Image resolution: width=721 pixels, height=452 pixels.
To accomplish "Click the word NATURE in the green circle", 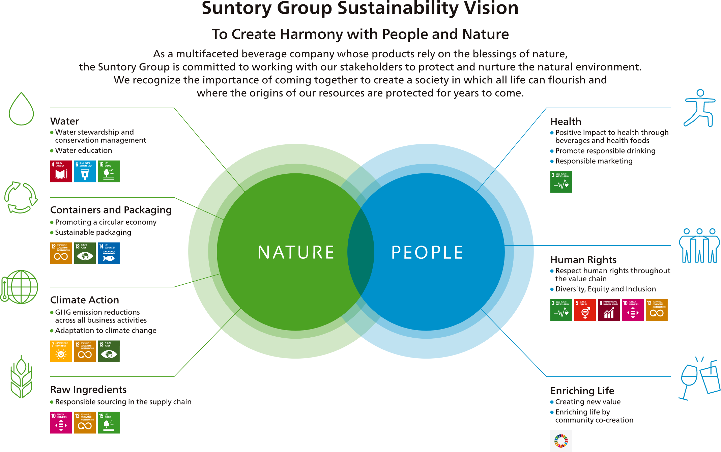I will [296, 252].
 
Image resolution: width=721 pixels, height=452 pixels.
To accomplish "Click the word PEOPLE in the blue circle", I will [427, 252].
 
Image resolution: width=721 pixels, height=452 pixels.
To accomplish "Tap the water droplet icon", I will [21, 109].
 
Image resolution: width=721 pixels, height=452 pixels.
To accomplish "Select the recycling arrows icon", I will [21, 198].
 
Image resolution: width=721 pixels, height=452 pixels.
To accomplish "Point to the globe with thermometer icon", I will [20, 287].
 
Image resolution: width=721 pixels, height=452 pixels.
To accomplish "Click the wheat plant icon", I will [21, 377].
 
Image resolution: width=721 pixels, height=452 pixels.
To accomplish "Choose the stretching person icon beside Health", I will [700, 108].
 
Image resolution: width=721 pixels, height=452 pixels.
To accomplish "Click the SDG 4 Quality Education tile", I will [61, 171].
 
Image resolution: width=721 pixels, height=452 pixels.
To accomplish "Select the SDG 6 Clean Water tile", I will [85, 171].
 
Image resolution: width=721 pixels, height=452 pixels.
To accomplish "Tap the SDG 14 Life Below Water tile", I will [109, 253].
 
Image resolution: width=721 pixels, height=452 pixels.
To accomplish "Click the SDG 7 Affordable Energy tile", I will [61, 351].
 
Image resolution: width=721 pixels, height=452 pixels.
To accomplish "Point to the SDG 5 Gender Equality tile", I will [585, 310].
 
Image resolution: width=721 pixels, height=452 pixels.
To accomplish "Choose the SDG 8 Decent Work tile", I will [609, 310].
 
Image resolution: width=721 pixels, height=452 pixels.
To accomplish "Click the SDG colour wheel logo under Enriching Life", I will [561, 441].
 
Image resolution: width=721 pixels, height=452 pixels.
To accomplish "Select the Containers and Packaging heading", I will [111, 210].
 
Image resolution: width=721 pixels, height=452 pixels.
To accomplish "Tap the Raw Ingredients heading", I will [88, 390].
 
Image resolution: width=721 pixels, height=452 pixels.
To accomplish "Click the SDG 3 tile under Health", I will [561, 182].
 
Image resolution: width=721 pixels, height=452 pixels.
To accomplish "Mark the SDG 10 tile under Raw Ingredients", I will [61, 423].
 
